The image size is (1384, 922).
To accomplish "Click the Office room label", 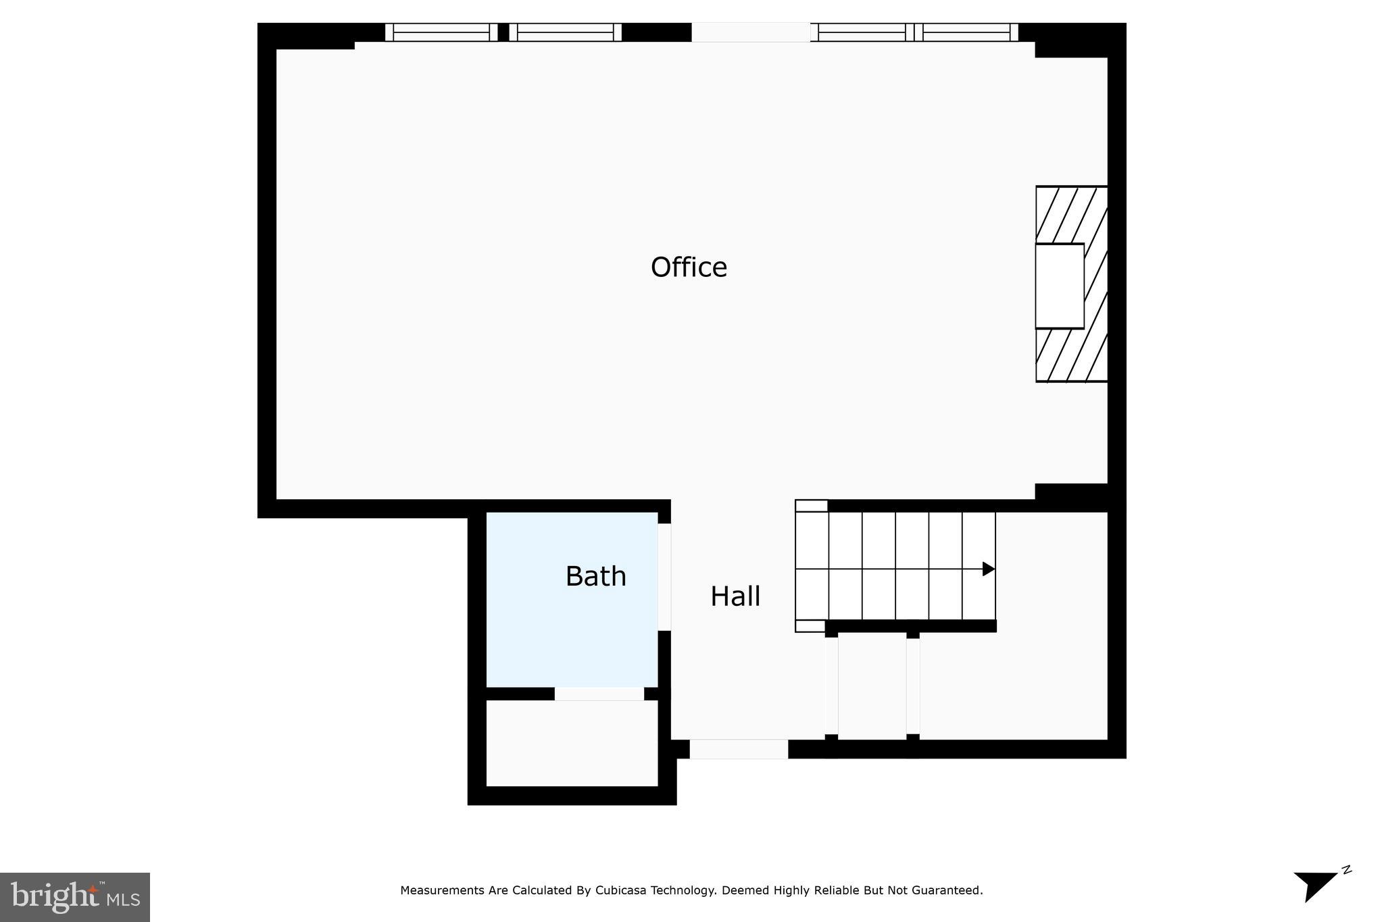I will (689, 267).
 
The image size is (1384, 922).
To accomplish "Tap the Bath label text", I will (595, 576).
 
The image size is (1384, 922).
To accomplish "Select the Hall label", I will (735, 596).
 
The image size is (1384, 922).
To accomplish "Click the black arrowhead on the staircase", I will (988, 569).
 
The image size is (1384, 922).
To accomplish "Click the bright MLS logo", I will (75, 897).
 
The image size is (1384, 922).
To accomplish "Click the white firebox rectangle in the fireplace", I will (1060, 286).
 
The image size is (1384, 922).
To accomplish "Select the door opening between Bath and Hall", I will (664, 577).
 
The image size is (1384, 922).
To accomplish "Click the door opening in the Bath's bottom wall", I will (599, 694).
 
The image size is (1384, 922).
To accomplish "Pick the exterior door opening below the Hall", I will (738, 749).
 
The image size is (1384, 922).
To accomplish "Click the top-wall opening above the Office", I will (750, 32).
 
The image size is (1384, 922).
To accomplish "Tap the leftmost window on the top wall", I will (441, 32).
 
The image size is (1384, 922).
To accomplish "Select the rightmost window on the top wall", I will (970, 32).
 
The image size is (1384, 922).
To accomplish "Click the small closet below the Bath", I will (572, 743).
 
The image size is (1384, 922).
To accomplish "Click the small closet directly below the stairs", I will (872, 686).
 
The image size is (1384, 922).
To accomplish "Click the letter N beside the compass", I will (1346, 870).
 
